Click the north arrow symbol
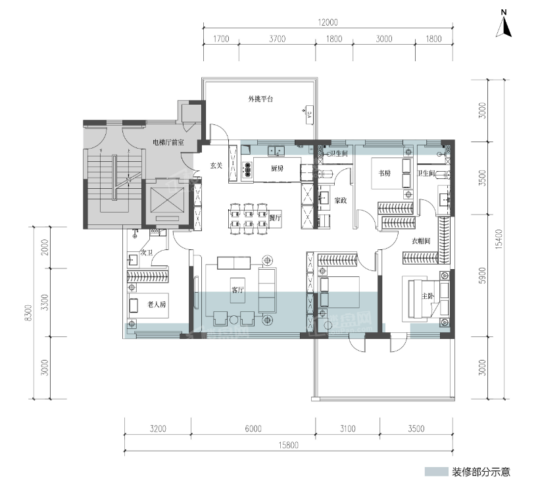coord(505,24)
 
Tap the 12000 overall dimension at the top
coord(328,22)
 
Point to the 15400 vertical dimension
coord(499,239)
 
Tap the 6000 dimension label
coord(253,429)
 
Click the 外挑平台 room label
coord(260,99)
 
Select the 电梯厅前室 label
coord(168,141)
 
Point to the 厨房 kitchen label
coord(278,168)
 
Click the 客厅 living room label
coord(237,290)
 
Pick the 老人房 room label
coord(157,305)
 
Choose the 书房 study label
coord(385,173)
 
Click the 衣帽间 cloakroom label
coord(421,241)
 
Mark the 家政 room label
coord(340,199)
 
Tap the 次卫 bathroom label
coord(146,253)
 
